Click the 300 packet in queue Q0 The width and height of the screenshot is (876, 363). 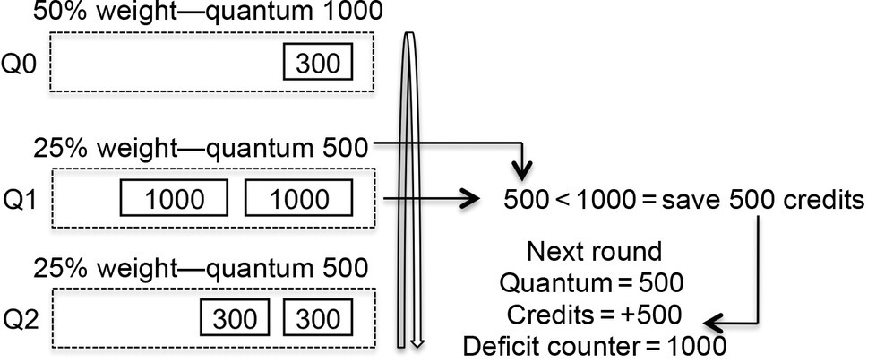[x=318, y=64]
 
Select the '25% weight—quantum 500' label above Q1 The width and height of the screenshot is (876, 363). [x=200, y=147]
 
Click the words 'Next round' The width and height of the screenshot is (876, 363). [x=594, y=252]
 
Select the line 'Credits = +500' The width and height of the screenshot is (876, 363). [x=594, y=315]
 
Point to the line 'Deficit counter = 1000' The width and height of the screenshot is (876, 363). [x=594, y=346]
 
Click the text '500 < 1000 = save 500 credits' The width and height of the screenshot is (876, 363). [x=684, y=200]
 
